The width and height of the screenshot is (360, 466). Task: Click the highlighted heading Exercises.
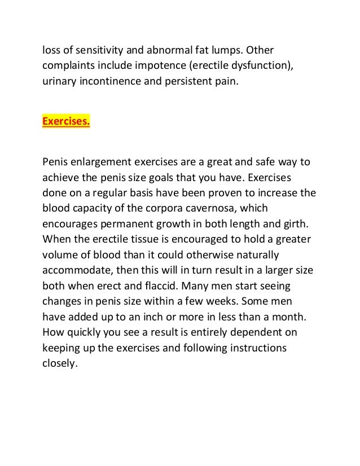[66, 121]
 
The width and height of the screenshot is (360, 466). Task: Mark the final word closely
[59, 364]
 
